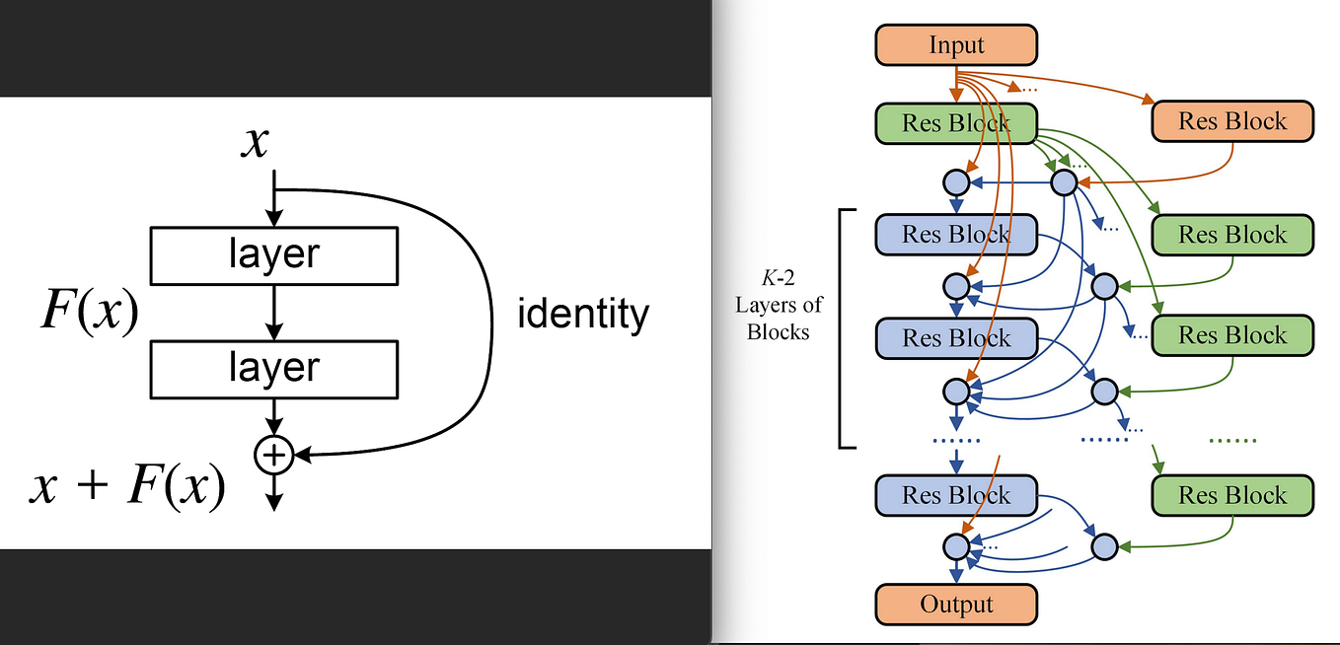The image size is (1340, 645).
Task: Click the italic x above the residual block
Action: click(256, 143)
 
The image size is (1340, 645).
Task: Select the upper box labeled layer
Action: click(273, 255)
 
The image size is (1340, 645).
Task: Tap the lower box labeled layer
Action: click(273, 369)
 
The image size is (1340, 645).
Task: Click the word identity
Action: click(583, 315)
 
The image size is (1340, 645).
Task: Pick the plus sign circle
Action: click(274, 455)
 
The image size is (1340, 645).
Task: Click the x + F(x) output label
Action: click(127, 486)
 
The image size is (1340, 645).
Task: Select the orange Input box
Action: click(956, 44)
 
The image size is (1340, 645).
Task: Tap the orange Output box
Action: click(956, 604)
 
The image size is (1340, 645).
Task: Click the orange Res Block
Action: click(1232, 121)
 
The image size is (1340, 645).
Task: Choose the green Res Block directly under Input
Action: click(956, 123)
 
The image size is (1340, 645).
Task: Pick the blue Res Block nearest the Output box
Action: click(956, 495)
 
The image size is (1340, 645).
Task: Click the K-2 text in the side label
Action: click(778, 279)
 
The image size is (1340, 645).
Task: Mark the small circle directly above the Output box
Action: click(955, 545)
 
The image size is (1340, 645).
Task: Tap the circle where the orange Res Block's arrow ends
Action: click(1064, 182)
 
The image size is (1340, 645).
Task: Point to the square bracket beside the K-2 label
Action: click(842, 328)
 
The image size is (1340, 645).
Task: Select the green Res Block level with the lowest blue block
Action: click(1232, 495)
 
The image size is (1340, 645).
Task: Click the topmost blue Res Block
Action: click(956, 234)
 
